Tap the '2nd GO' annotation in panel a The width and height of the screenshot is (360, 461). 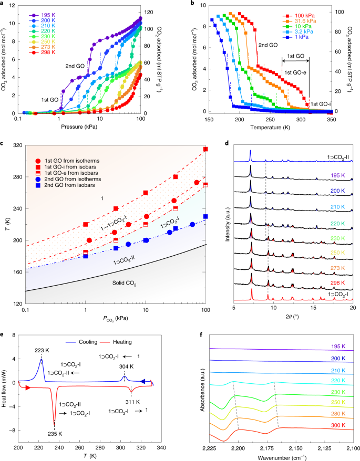(74, 66)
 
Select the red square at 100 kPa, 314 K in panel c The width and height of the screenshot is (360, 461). (205, 150)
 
